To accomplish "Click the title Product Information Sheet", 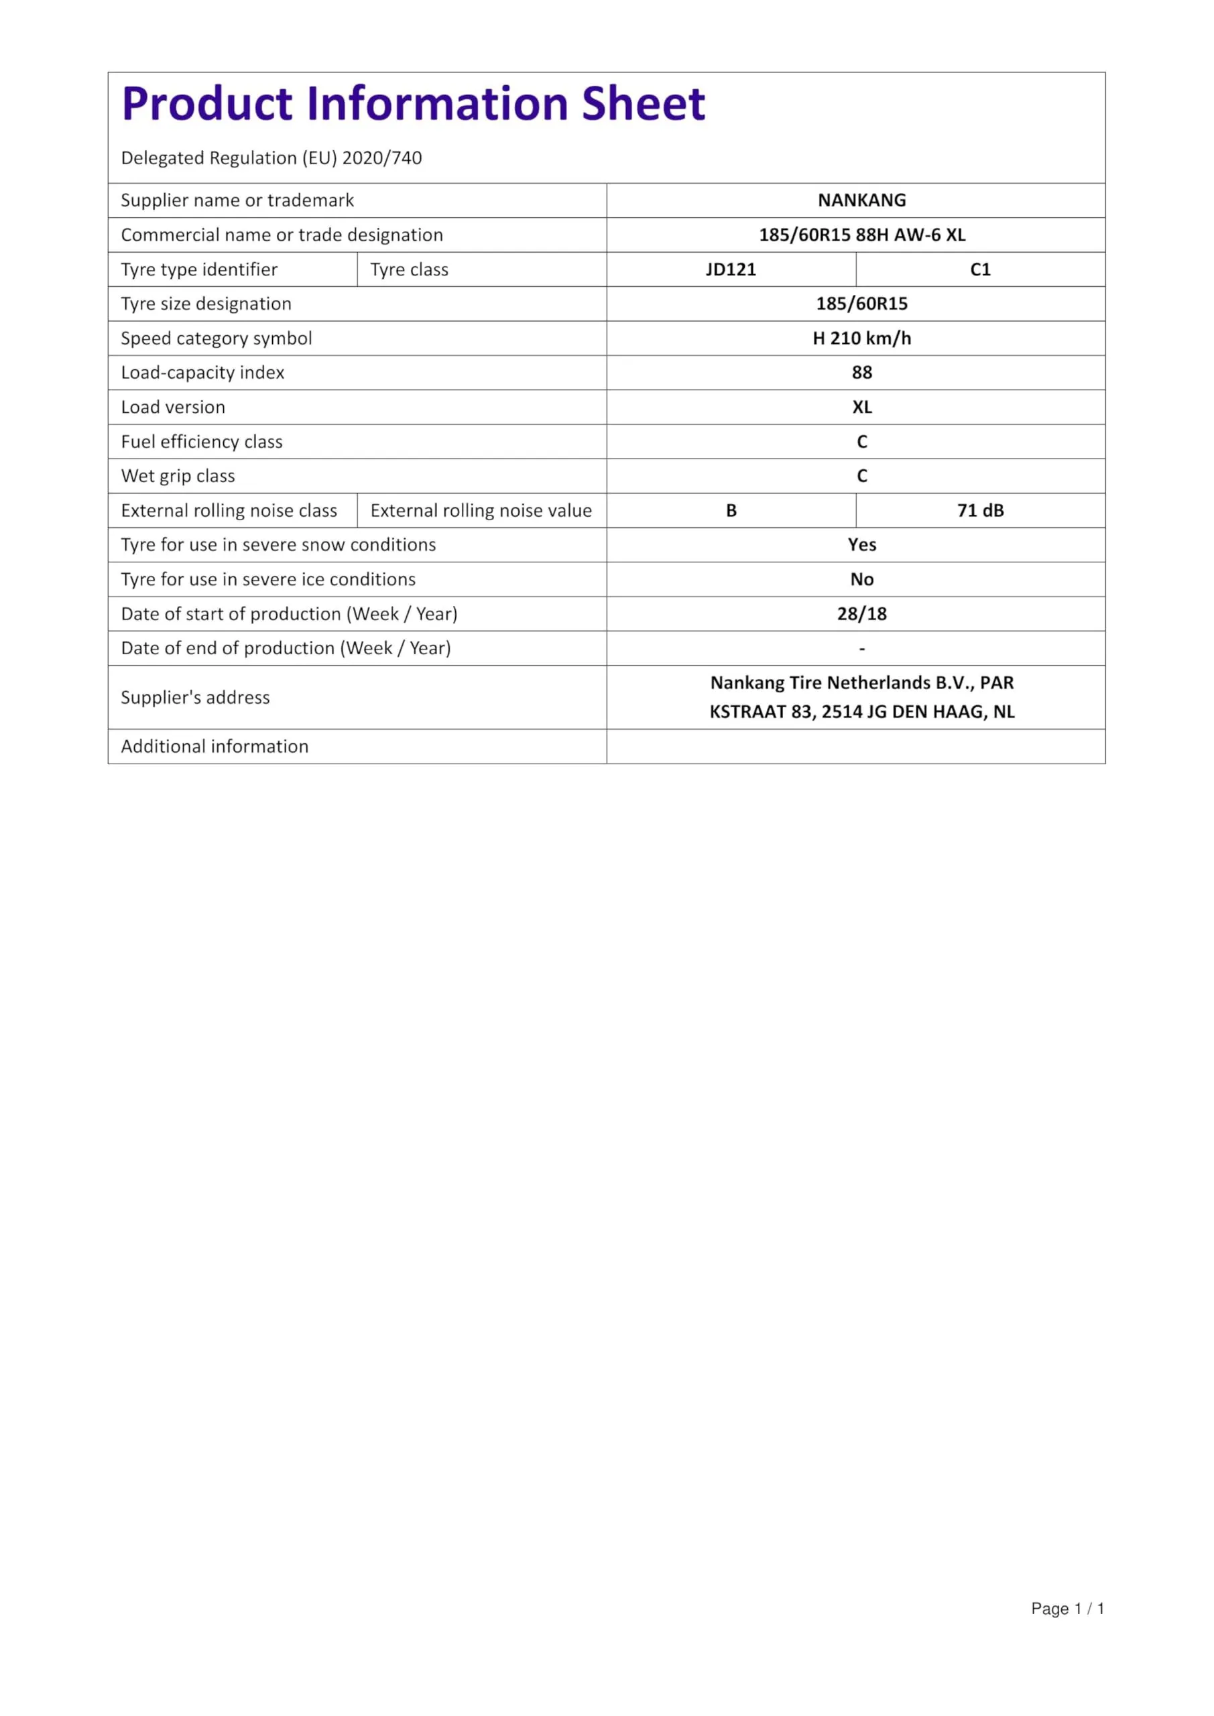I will pos(414,103).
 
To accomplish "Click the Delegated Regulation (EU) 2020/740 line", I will pos(271,158).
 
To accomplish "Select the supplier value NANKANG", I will pos(861,200).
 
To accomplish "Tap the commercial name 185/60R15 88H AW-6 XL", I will pos(861,235).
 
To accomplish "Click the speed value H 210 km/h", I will pos(861,339).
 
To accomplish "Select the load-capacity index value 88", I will pos(861,372).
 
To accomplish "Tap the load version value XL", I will pos(861,408).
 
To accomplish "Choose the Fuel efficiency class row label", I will pos(202,442).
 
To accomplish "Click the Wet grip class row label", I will pos(178,476).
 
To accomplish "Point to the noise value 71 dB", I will pos(980,511).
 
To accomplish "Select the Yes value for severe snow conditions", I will pos(861,545).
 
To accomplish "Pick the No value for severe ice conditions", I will pos(861,579).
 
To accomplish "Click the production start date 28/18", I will pos(861,613).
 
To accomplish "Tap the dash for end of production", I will pos(861,649).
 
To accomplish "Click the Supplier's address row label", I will pos(195,697).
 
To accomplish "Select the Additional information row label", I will pos(215,747).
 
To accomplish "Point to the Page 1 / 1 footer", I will pos(1067,1608).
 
